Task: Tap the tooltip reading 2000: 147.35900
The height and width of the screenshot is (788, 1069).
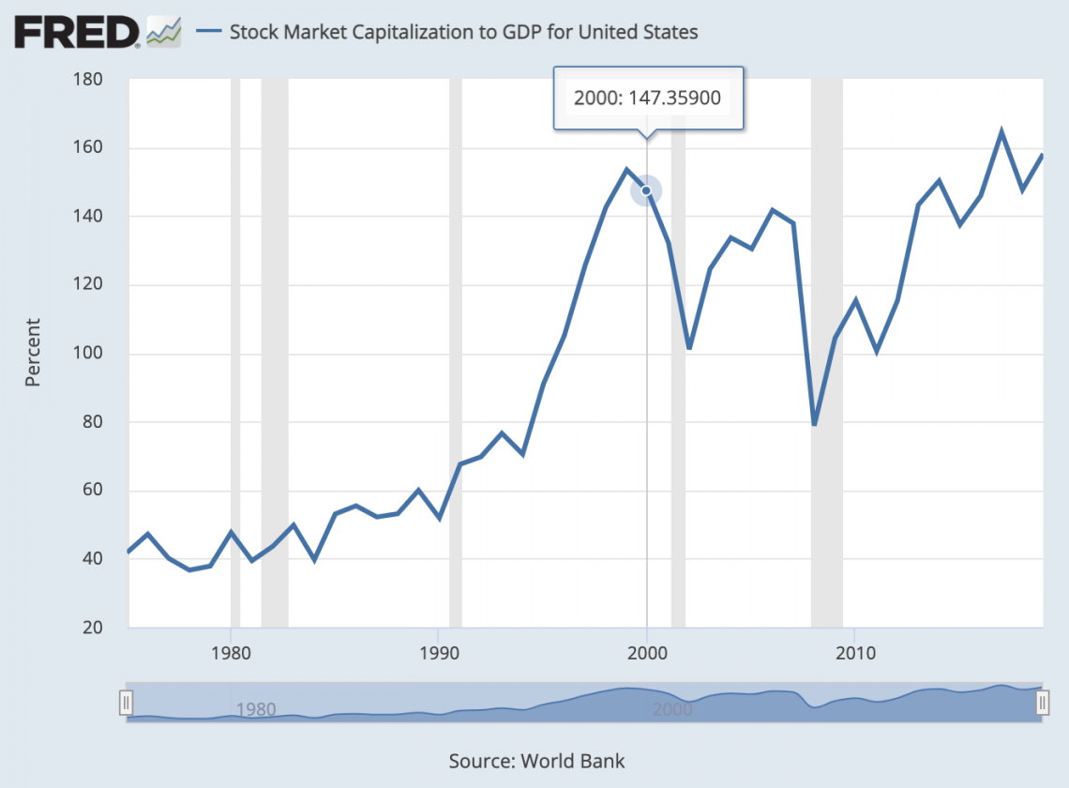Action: pos(647,98)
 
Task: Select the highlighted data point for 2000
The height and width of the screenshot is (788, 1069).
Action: pos(646,190)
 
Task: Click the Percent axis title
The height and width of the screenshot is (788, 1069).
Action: pos(33,353)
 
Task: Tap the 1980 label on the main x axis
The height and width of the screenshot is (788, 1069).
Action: pos(231,651)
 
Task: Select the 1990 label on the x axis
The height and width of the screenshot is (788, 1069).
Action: pos(438,651)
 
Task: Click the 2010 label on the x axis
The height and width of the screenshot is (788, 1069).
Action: pos(853,651)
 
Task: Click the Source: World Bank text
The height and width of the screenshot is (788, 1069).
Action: pos(536,761)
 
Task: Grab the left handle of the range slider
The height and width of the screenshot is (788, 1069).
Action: pos(127,703)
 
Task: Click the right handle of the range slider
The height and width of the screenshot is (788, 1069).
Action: pos(1041,703)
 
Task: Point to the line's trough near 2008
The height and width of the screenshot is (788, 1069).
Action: pos(814,425)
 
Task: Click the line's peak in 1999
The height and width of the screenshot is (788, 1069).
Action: pos(626,170)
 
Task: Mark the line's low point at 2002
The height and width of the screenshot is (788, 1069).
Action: pos(688,348)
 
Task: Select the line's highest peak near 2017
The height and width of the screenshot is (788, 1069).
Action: pos(1001,131)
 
